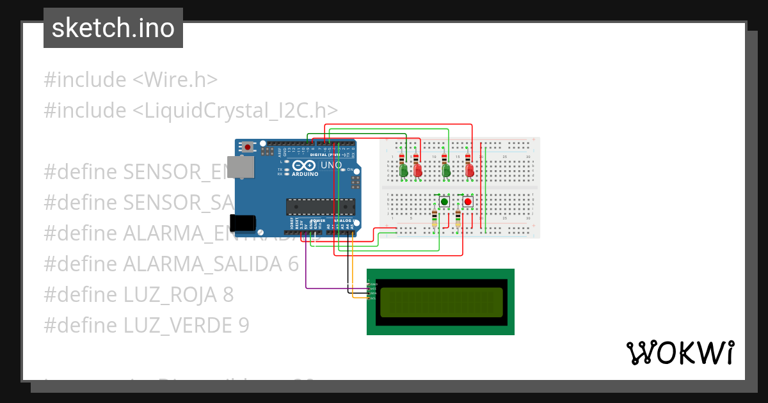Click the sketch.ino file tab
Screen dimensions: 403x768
pos(113,28)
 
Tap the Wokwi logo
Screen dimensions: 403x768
pos(680,352)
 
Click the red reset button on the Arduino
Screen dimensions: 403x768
pos(248,147)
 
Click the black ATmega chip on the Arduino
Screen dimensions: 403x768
pos(320,207)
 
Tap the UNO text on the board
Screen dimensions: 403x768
pos(331,165)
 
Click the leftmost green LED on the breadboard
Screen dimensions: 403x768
pos(403,170)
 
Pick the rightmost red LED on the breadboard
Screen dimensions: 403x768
pos(470,170)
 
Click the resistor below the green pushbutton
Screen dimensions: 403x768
pos(435,217)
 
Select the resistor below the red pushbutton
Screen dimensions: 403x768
pos(458,217)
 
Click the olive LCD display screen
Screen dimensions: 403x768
pos(442,302)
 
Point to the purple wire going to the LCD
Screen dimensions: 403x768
pos(333,288)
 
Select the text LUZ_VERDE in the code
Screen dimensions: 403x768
pos(177,326)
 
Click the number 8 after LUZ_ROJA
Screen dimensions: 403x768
pos(228,295)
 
